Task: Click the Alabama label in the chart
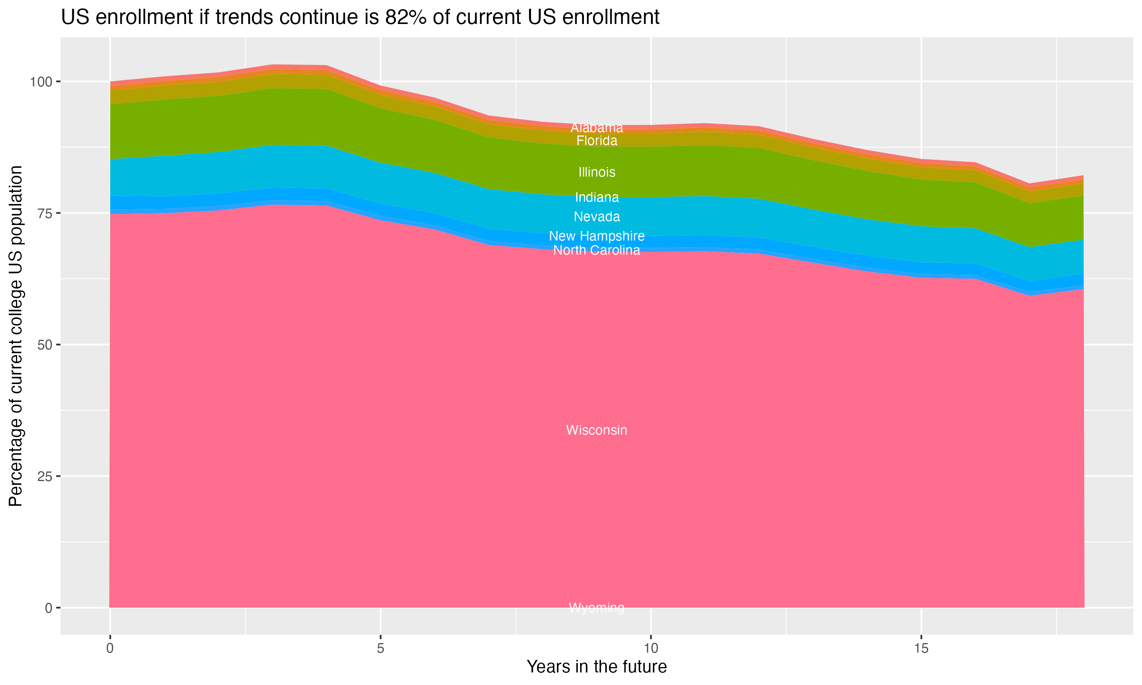click(x=597, y=127)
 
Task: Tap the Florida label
click(x=597, y=140)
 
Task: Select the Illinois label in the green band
click(x=597, y=172)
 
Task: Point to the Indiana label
click(x=597, y=197)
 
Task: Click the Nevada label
click(x=597, y=217)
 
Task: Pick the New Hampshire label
click(x=597, y=236)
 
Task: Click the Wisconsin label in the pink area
click(x=597, y=430)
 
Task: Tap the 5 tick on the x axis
click(x=380, y=648)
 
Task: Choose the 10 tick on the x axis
click(x=651, y=648)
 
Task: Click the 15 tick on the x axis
click(x=921, y=648)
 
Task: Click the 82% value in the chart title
click(x=404, y=18)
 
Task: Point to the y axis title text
click(x=16, y=336)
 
